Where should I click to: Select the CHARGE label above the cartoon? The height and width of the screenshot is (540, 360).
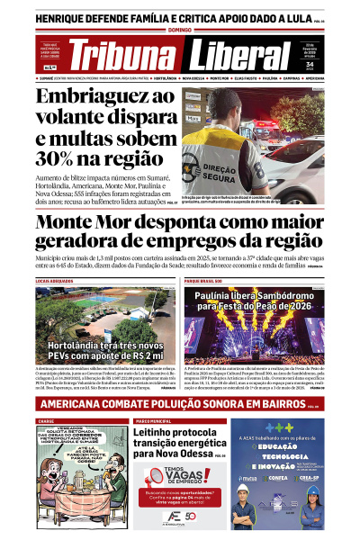(46, 419)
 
